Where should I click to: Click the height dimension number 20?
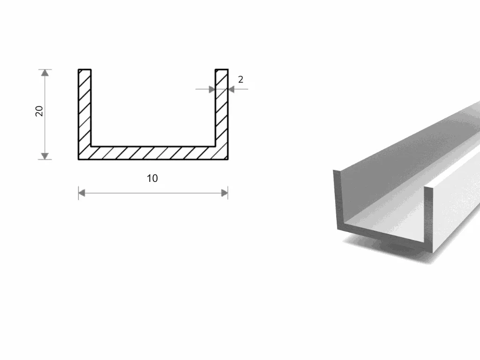point(39,111)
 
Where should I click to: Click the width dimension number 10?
point(152,178)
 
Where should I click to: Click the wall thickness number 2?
point(240,80)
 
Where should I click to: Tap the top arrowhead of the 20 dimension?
point(45,73)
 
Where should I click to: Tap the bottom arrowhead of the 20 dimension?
point(45,156)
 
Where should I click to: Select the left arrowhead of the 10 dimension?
point(82,193)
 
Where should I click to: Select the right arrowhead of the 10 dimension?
point(225,193)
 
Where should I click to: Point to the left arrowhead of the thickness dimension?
point(212,90)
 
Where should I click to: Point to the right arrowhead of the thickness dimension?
point(232,90)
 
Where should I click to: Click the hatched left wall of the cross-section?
point(85,114)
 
